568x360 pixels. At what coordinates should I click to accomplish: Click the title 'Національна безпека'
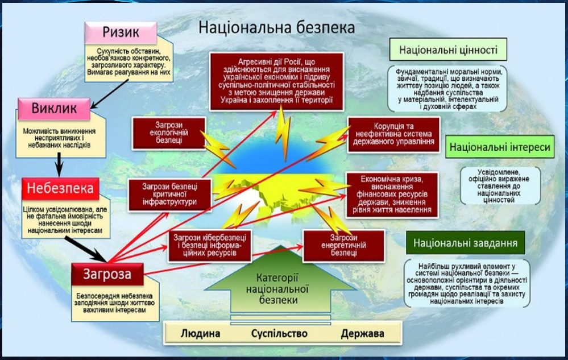coord(276,28)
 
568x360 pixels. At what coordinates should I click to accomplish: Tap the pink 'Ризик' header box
coord(121,32)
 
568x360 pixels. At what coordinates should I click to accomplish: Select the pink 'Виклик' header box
coord(54,109)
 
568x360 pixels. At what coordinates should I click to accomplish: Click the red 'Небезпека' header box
coord(60,188)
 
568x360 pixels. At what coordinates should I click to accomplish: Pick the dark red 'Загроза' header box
coord(107,274)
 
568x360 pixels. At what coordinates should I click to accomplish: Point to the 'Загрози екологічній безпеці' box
coord(169,133)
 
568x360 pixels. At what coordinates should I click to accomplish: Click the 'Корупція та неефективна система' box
coord(393,134)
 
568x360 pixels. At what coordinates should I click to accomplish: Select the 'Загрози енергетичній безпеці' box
coord(343,246)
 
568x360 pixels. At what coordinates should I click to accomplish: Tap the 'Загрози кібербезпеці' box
coord(209,246)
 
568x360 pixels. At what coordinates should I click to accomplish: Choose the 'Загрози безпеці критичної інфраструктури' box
coord(169,195)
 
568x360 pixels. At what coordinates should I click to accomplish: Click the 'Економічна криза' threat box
coord(392,195)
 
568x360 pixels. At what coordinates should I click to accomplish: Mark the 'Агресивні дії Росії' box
coord(276,81)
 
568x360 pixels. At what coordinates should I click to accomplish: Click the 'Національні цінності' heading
coord(448,49)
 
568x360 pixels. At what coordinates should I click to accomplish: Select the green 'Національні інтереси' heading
coord(500,147)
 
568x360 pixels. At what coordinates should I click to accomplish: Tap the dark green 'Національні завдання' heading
coord(466,243)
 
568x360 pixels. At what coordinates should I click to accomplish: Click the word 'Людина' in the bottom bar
coord(200,333)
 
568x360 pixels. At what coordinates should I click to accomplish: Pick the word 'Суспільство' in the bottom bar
coord(279,333)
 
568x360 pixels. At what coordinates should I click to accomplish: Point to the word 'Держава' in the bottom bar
coord(363,333)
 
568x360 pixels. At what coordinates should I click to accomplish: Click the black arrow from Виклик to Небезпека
coord(59,165)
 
